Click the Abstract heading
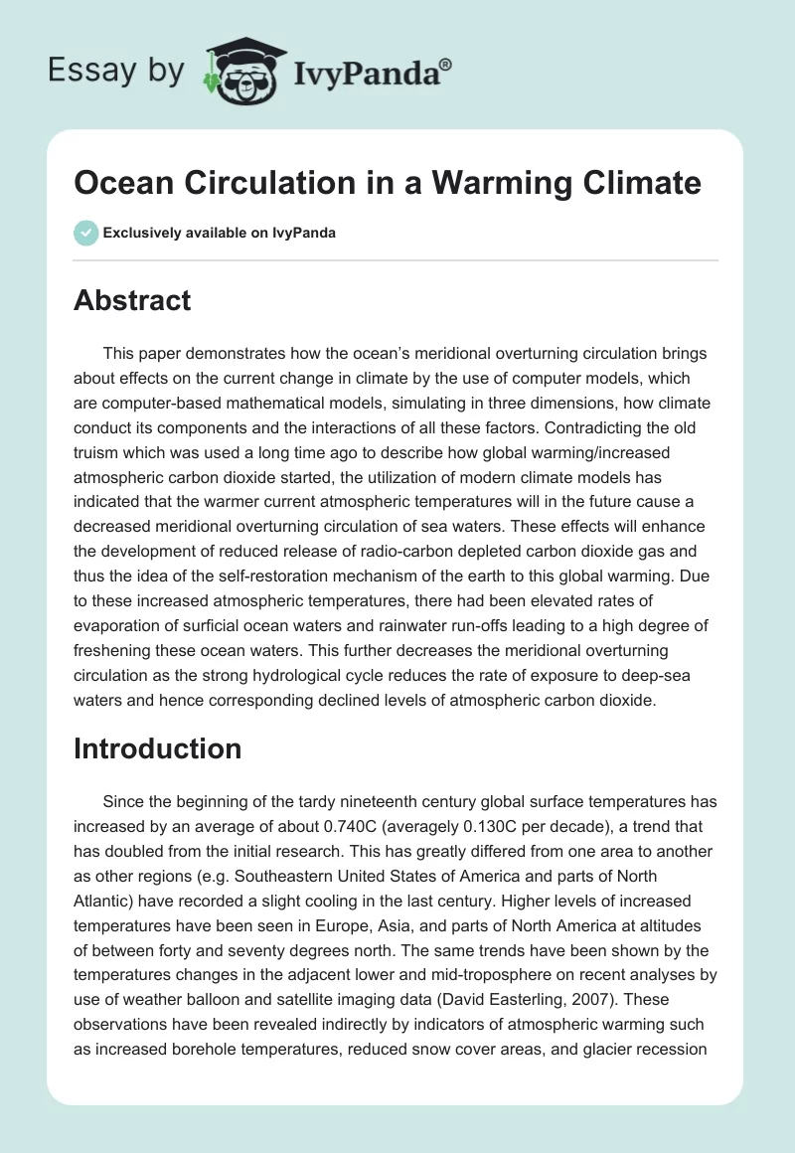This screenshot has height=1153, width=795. pos(132,300)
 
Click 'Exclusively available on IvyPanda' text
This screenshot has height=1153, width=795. pos(219,233)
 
